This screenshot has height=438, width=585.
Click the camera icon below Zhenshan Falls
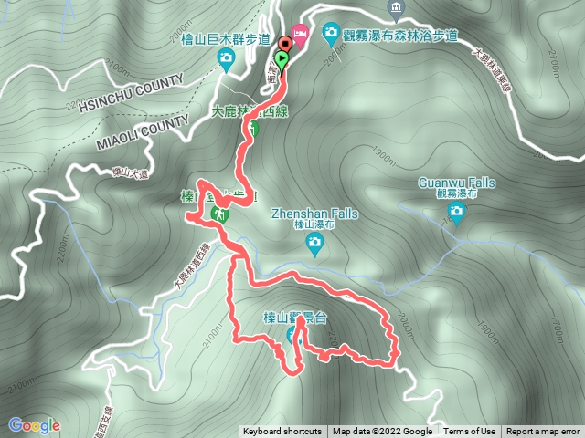[x=314, y=242]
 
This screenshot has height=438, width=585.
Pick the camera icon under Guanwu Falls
[x=456, y=213]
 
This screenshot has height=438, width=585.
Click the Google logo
[x=34, y=425]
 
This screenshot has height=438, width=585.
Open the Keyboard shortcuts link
[x=282, y=432]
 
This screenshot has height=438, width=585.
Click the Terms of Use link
[x=470, y=432]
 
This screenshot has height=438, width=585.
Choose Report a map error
[x=543, y=432]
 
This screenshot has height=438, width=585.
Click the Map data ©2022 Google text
[x=382, y=432]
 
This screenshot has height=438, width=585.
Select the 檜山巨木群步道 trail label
[x=219, y=39]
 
